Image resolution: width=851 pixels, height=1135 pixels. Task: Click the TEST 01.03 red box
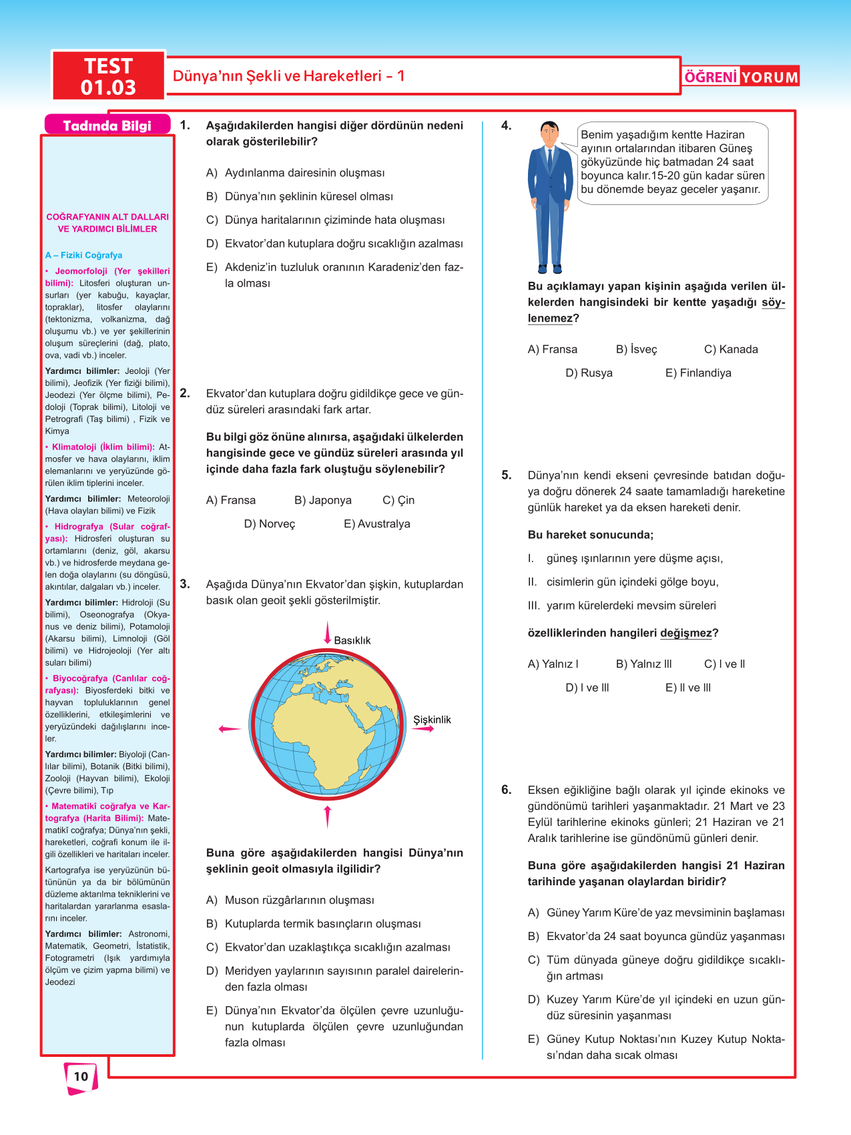108,76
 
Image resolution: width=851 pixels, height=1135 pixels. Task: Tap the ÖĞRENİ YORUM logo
741,77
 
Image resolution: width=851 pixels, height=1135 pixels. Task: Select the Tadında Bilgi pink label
107,126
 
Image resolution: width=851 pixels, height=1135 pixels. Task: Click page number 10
81,1076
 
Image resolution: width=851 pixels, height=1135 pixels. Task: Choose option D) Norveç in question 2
269,524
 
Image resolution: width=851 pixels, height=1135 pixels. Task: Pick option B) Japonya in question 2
322,500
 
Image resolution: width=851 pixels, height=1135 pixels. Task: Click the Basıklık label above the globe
352,640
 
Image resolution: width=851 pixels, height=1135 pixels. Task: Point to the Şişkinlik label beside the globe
432,720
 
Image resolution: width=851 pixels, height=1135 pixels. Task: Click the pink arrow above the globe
327,632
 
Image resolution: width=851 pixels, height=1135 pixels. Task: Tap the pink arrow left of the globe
230,728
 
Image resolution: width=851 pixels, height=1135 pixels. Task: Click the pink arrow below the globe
327,816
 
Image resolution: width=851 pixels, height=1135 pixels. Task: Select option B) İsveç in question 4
636,349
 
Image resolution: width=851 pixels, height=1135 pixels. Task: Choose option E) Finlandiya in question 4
698,373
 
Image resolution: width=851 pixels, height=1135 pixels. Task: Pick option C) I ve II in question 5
724,664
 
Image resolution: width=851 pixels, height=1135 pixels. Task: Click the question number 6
507,790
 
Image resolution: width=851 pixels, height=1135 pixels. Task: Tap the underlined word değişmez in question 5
685,633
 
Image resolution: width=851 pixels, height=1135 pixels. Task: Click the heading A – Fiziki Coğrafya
83,255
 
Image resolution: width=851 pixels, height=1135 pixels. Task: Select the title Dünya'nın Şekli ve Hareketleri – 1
288,76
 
